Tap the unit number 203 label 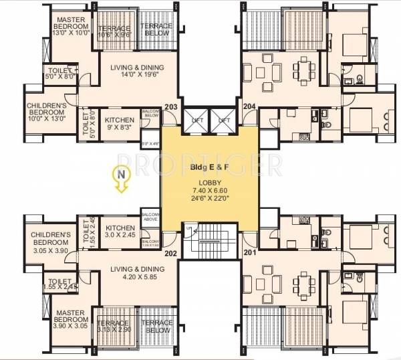point(170,106)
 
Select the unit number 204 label point(249,106)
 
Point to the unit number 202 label point(170,253)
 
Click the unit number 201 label point(249,253)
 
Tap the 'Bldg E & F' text point(209,165)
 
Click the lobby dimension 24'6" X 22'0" point(209,199)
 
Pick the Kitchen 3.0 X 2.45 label point(121,232)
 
